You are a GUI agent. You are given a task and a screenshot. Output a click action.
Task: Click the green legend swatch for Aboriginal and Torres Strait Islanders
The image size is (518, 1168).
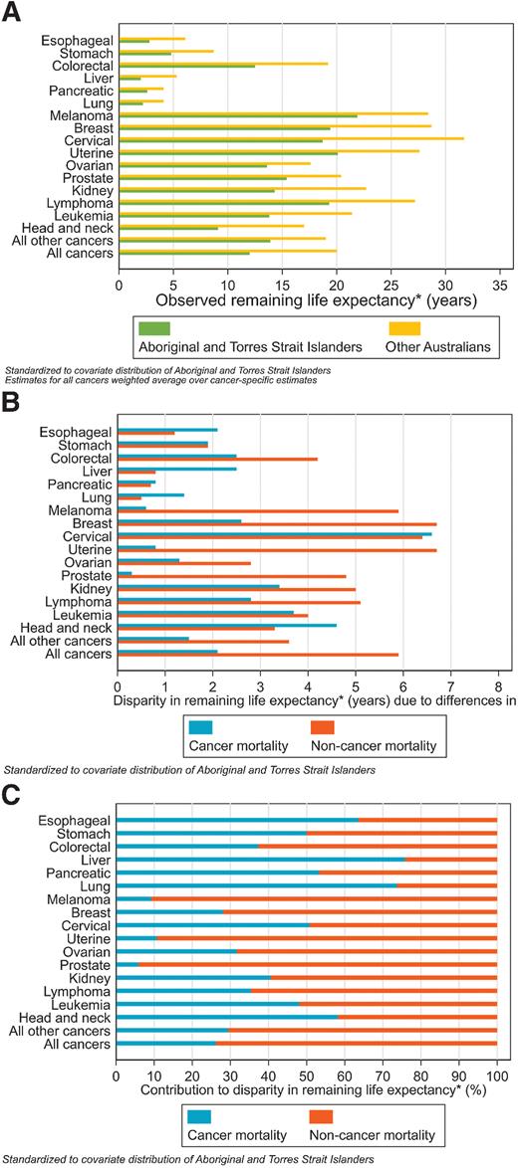[154, 327]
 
